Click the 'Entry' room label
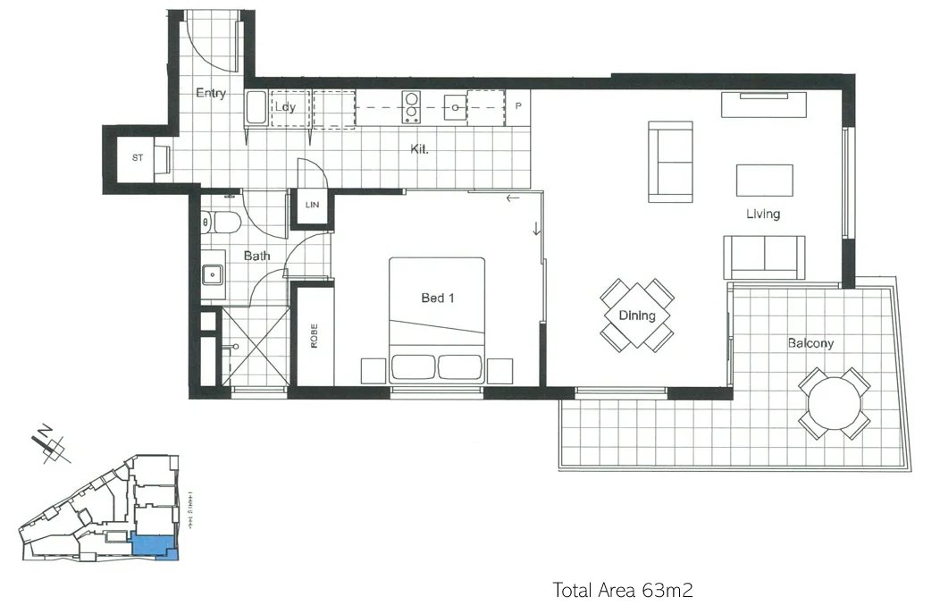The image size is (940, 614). (x=211, y=93)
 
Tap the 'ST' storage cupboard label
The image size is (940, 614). (x=138, y=158)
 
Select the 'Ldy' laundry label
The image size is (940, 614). (x=285, y=107)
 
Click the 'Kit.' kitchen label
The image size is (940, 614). (x=420, y=148)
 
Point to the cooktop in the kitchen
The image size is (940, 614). (x=411, y=108)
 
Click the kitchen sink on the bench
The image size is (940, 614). (x=456, y=108)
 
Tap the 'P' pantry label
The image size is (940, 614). (x=517, y=105)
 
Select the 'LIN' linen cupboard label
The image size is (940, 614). (x=312, y=206)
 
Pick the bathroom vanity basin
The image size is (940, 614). (x=213, y=274)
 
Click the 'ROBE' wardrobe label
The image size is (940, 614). (x=314, y=336)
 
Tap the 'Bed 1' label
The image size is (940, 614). (x=438, y=298)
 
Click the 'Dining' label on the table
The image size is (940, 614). (x=637, y=315)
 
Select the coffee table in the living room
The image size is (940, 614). (x=764, y=180)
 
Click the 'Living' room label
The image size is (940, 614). (x=764, y=214)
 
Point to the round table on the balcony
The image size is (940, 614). (x=835, y=403)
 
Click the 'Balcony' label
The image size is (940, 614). (x=810, y=343)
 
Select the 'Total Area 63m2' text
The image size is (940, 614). (x=623, y=590)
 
